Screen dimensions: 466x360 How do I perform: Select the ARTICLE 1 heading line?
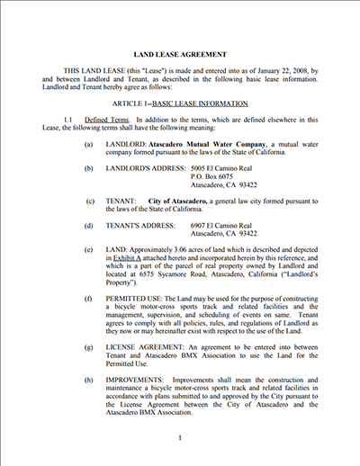click(x=179, y=104)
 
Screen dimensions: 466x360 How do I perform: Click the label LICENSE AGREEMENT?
click(x=150, y=345)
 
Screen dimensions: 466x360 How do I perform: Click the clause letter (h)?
click(x=87, y=380)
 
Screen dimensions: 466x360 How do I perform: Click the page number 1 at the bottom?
click(x=180, y=438)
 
